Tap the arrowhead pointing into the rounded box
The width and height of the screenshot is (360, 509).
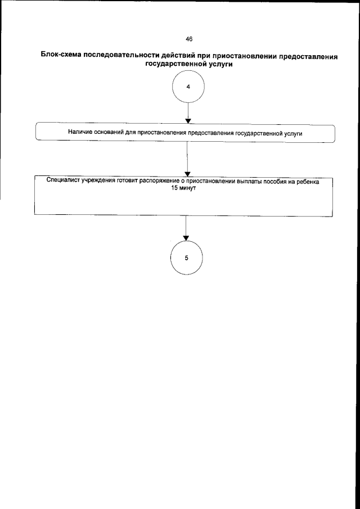click(188, 120)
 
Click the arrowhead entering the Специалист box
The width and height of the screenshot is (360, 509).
click(186, 173)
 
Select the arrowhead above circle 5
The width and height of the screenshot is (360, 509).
click(186, 238)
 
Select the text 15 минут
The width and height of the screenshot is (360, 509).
click(186, 190)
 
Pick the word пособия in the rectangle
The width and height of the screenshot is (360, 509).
click(278, 183)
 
